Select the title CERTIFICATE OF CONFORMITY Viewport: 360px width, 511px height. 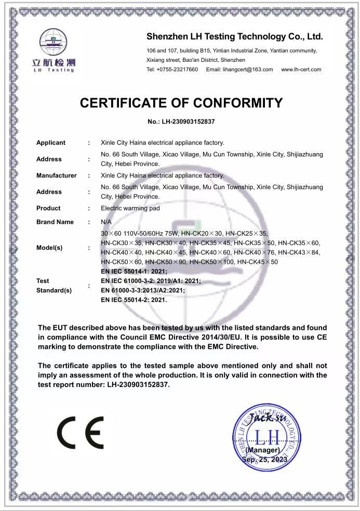pyautogui.click(x=181, y=103)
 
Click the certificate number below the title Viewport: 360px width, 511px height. pyautogui.click(x=181, y=122)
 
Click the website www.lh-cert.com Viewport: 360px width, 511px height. pyautogui.click(x=301, y=70)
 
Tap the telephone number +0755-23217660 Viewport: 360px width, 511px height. pyautogui.click(x=172, y=70)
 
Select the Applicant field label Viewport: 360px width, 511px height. pyautogui.click(x=51, y=143)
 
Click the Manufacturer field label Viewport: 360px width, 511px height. pyautogui.click(x=56, y=176)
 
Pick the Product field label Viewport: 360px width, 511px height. pyautogui.click(x=48, y=208)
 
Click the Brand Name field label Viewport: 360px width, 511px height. pyautogui.click(x=55, y=222)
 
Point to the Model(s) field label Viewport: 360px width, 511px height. pyautogui.click(x=49, y=248)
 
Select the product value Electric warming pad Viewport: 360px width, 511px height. pyautogui.click(x=130, y=208)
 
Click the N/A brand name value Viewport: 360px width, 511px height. pyautogui.click(x=106, y=222)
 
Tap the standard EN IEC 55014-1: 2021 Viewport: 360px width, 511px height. pyautogui.click(x=134, y=272)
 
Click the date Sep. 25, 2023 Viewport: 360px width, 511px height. pyautogui.click(x=264, y=460)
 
